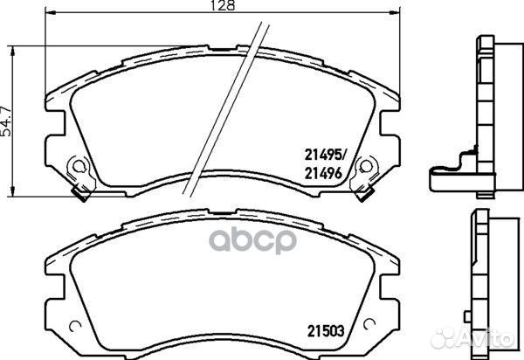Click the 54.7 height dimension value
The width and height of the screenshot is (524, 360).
(6, 121)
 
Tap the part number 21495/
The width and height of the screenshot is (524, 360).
(326, 155)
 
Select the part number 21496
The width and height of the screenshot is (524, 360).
(323, 173)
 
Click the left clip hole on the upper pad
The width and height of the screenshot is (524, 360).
(79, 166)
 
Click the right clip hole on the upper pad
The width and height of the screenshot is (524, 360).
(366, 166)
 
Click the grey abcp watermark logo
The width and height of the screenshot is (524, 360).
(253, 239)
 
